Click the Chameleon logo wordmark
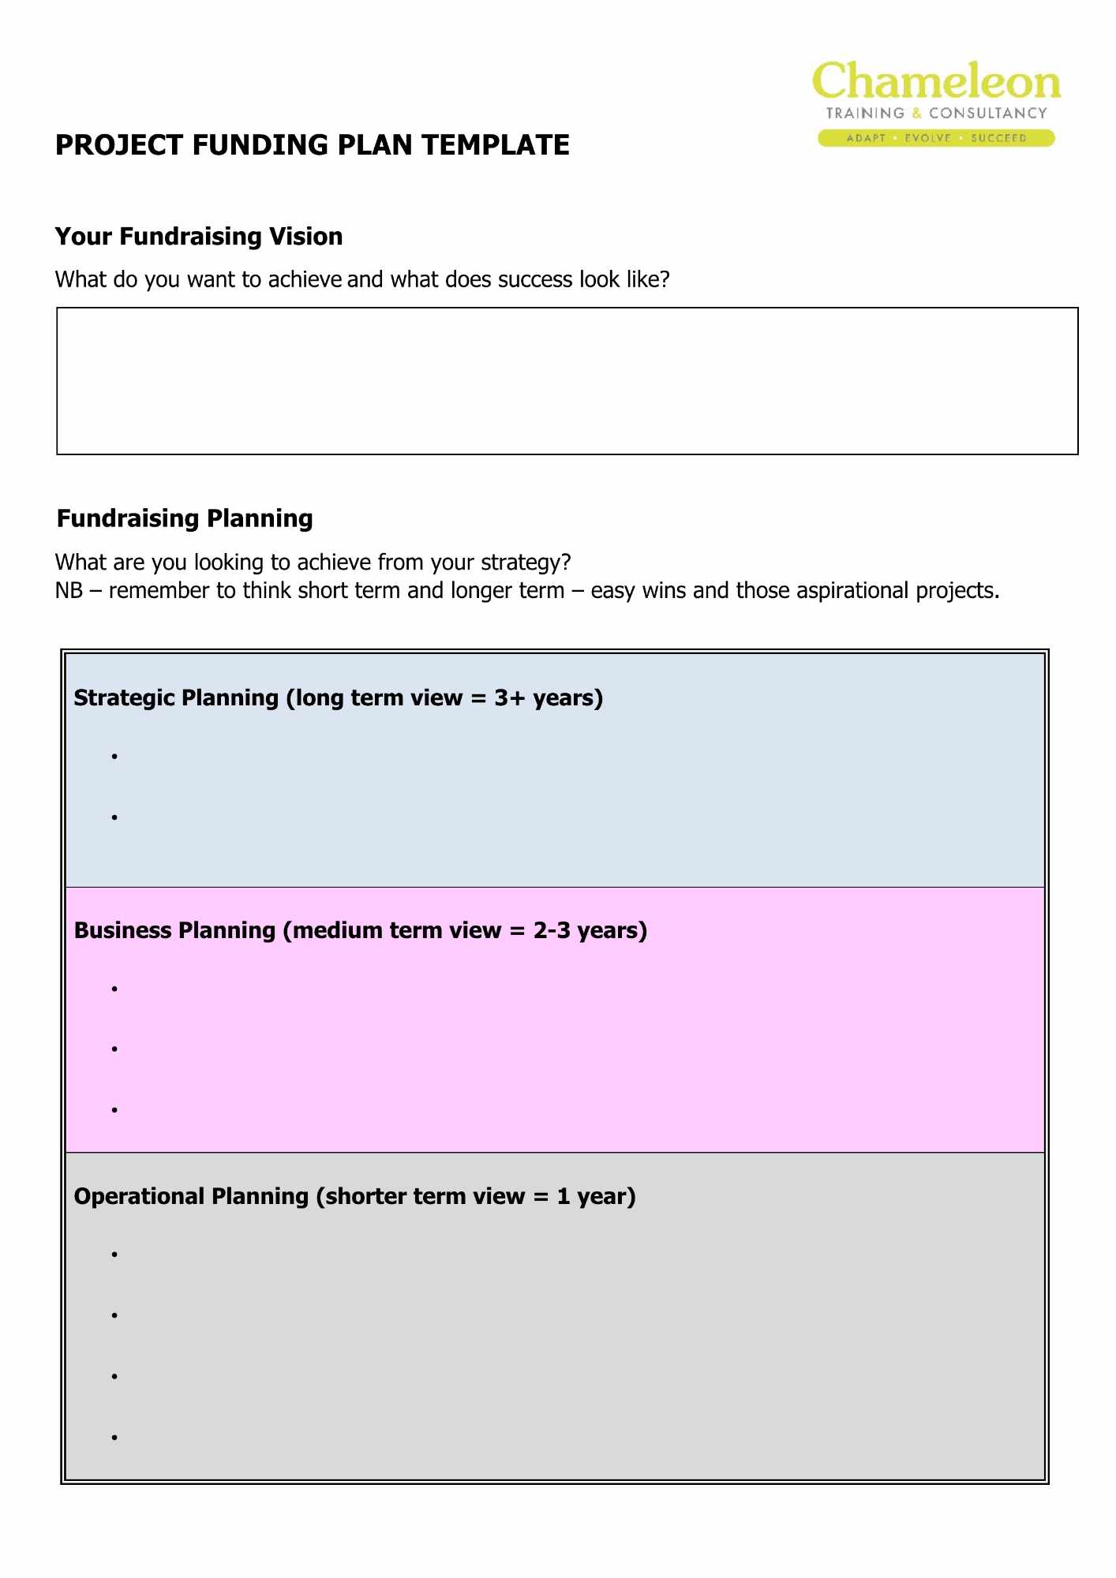click(936, 82)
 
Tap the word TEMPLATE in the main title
click(495, 145)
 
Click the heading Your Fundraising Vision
click(199, 237)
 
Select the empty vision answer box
click(567, 381)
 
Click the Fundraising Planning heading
click(185, 518)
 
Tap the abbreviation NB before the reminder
click(69, 591)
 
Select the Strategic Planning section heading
click(338, 698)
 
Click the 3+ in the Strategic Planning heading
click(509, 698)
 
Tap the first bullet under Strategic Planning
click(114, 757)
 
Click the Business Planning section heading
click(360, 931)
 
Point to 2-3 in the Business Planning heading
click(551, 931)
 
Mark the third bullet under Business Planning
click(114, 1110)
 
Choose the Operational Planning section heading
click(354, 1197)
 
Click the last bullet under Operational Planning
click(114, 1438)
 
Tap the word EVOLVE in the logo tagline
click(927, 138)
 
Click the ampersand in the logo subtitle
click(916, 113)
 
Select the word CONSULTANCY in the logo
click(987, 113)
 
